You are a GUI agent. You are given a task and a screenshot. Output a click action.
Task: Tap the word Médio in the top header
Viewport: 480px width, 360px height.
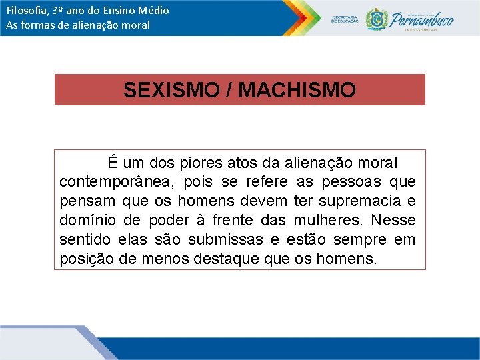pyautogui.click(x=154, y=10)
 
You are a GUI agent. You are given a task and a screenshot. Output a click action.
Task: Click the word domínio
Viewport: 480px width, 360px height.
pyautogui.click(x=85, y=220)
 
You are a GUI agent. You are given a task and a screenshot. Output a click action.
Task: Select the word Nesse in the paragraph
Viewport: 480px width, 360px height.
pyautogui.click(x=393, y=220)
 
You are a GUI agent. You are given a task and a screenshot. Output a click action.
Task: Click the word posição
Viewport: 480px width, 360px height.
pyautogui.click(x=85, y=259)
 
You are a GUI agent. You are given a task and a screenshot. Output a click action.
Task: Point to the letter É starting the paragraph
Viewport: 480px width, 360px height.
pyautogui.click(x=113, y=162)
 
